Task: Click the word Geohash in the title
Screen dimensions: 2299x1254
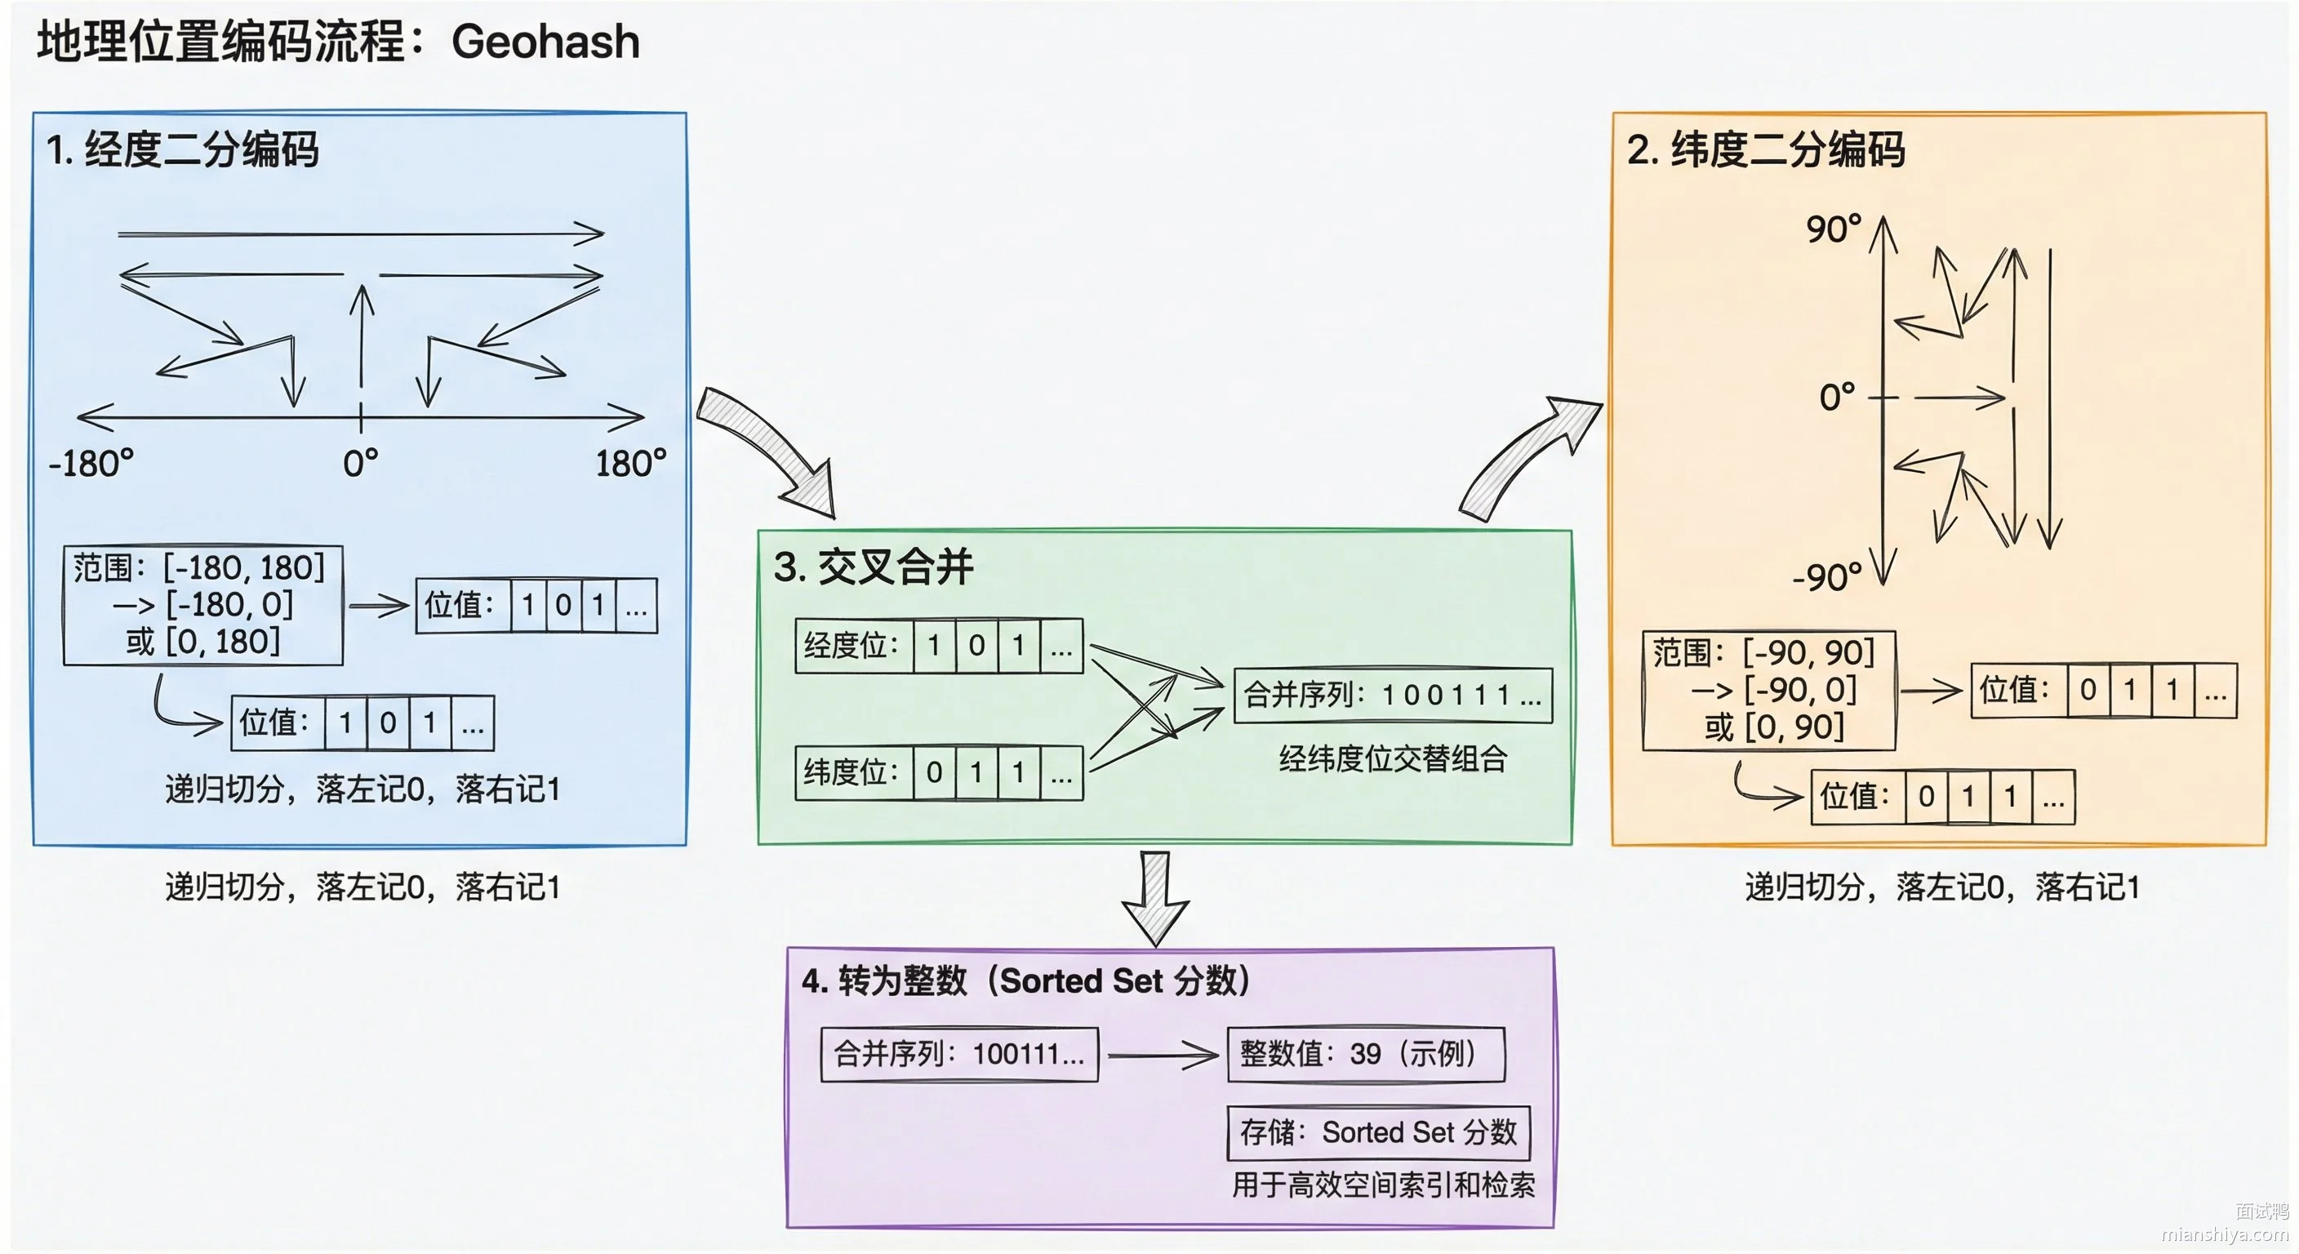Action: tap(545, 42)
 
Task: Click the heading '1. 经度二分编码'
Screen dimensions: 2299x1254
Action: tap(182, 149)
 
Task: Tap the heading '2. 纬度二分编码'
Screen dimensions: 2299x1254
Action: tap(1765, 149)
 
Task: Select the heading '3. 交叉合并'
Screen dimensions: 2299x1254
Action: tap(873, 567)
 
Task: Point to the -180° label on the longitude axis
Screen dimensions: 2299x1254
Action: tap(91, 464)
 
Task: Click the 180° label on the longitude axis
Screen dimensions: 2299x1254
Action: tap(631, 464)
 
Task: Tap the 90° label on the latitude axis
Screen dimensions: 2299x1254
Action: tap(1834, 229)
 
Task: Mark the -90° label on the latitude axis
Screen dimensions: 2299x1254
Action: tap(1827, 577)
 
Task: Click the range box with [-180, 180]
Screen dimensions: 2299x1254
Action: tap(203, 605)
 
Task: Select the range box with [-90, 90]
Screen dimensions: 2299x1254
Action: tap(1769, 690)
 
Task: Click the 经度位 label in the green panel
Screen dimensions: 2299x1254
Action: tap(851, 645)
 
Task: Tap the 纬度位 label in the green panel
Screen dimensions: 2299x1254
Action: tap(851, 772)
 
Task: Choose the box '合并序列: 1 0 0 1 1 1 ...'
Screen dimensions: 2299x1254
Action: tap(1393, 696)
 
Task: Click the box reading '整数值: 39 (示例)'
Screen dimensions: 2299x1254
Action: tap(1367, 1054)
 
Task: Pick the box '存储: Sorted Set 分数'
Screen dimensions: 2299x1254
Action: tap(1379, 1132)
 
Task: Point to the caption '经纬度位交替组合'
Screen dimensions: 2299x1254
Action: tap(1393, 758)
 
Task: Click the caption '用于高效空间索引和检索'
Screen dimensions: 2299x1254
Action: tap(1383, 1185)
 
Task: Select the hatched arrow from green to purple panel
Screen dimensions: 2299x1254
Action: tap(1156, 898)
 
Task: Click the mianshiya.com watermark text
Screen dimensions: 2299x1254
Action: tap(2225, 1234)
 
